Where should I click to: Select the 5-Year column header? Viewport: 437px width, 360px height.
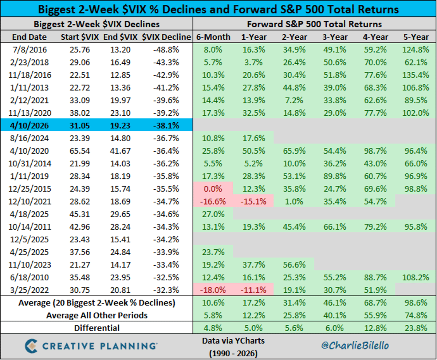(415, 37)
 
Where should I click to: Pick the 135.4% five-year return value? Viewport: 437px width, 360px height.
(415, 75)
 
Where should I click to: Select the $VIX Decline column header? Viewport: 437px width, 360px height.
(166, 37)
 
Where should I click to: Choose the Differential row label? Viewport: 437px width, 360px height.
(97, 328)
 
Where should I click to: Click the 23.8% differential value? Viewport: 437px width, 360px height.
(415, 328)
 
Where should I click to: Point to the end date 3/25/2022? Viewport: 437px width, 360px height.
(29, 290)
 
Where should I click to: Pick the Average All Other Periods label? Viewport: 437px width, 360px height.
(97, 315)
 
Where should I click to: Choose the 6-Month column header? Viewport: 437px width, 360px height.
(213, 37)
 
